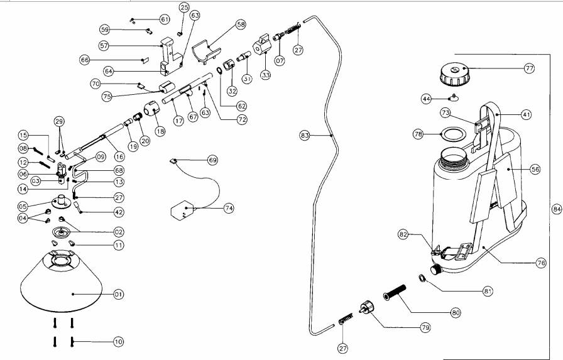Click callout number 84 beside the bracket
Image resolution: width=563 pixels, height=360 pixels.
click(x=555, y=209)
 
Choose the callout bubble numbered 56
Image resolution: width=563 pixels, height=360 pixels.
click(x=535, y=168)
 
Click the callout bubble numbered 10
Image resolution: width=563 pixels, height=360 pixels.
click(x=118, y=342)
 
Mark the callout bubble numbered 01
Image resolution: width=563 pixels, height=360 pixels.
click(x=118, y=293)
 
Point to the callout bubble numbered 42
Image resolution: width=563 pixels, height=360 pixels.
click(x=118, y=212)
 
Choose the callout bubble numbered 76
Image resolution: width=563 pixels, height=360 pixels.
click(x=540, y=264)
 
